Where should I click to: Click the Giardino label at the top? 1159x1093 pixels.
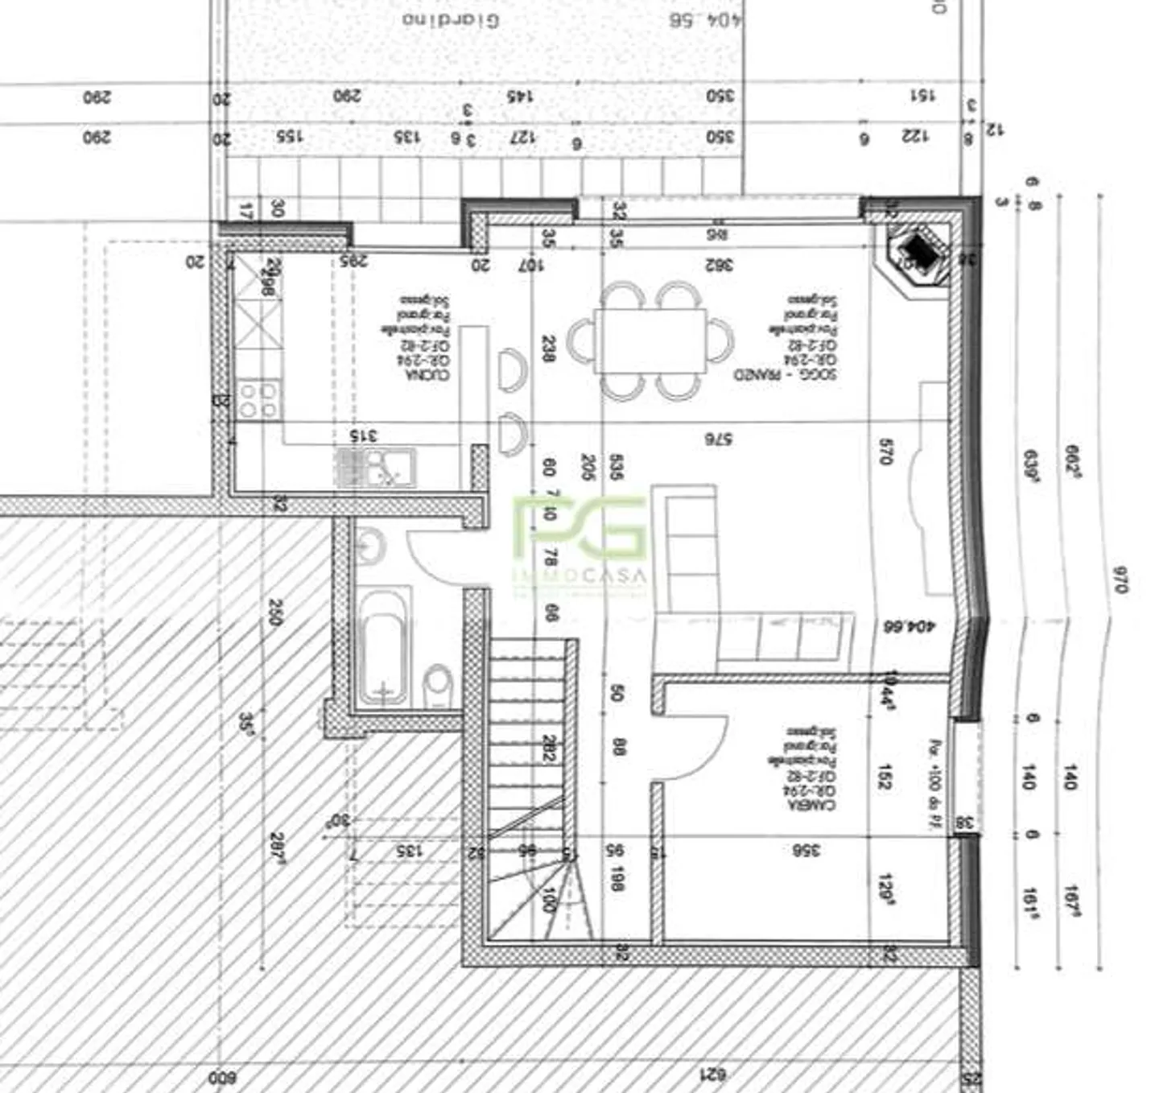point(451,19)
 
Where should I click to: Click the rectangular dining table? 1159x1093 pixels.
point(650,341)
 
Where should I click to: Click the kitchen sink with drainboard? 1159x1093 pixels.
point(376,468)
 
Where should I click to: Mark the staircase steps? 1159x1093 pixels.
point(527,749)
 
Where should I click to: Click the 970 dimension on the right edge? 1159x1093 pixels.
point(1119,579)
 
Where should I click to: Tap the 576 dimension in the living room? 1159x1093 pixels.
point(718,439)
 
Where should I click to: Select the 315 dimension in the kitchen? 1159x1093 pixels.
point(364,435)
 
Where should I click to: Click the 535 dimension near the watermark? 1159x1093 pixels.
point(616,467)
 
